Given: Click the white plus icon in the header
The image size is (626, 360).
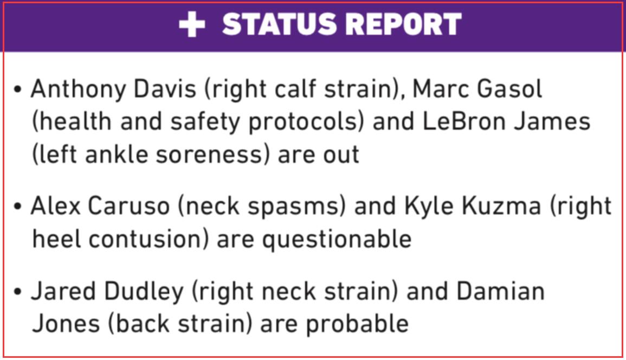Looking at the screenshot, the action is coord(192,24).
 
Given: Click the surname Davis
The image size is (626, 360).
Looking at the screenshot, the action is coord(165,89).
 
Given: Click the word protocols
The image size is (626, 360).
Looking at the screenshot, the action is coord(306,122).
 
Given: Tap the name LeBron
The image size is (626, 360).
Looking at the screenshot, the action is coord(464,121).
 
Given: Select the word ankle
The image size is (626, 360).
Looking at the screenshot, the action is coord(117,154).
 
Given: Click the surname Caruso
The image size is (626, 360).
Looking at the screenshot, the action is coord(128,206).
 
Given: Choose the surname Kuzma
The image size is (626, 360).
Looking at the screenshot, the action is coord(501,206).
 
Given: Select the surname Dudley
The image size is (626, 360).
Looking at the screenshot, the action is coord(143,291).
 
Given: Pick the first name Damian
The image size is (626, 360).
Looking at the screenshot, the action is coord(501,291).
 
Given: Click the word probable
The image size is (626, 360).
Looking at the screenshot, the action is coord(357,324).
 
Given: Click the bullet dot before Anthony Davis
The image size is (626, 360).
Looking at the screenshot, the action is coord(17,89).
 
